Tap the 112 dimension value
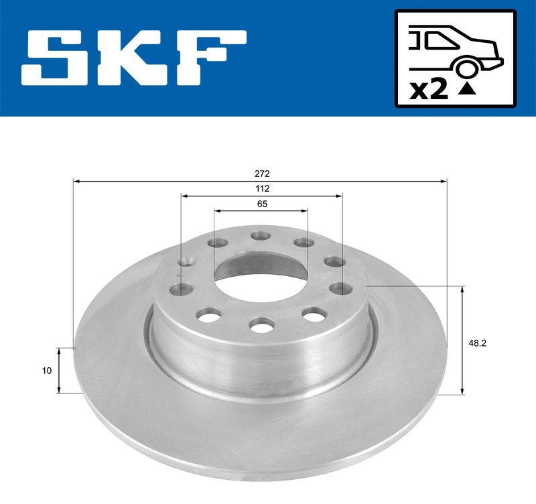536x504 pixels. [261, 188]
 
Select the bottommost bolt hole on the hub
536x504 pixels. [260, 325]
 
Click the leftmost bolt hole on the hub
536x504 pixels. [178, 290]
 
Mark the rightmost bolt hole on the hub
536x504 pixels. [343, 289]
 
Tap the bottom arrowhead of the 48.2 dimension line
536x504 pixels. [462, 391]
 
